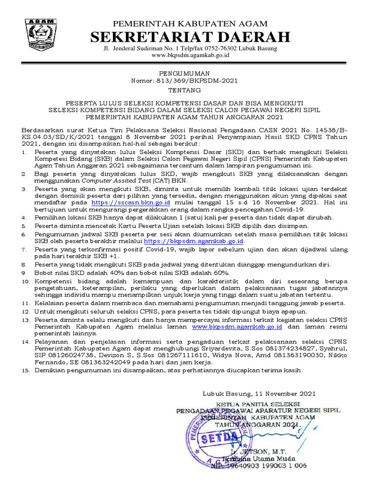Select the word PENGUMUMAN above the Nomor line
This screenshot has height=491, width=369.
pyautogui.click(x=184, y=73)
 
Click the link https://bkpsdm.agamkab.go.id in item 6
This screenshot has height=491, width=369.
pyautogui.click(x=194, y=241)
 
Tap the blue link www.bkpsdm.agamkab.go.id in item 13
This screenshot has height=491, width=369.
pyautogui.click(x=237, y=326)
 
